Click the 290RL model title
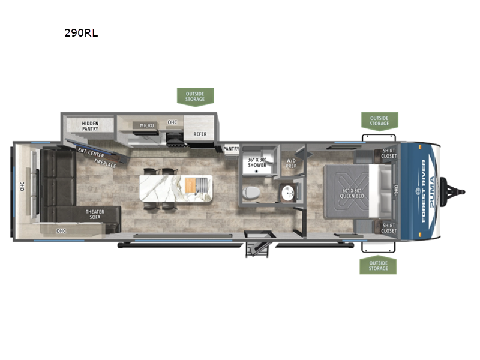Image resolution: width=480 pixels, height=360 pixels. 81,33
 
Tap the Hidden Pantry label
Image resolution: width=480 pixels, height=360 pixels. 90,126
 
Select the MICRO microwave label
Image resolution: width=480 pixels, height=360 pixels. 147,125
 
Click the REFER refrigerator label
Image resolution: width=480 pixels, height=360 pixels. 200,134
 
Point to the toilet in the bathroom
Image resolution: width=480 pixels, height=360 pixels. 251,193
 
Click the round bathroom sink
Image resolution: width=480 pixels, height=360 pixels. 288,193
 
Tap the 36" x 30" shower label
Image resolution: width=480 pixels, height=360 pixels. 257,162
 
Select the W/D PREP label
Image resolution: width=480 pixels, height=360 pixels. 291,163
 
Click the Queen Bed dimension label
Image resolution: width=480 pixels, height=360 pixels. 352,193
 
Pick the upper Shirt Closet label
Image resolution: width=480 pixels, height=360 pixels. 389,154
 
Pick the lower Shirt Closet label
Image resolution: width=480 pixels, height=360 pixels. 389,228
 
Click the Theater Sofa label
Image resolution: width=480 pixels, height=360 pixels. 95,214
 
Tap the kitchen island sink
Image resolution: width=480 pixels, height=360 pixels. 202,185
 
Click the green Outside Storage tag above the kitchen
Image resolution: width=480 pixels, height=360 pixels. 196,97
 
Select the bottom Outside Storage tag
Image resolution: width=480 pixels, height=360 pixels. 378,265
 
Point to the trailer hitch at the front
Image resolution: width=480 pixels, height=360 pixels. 452,192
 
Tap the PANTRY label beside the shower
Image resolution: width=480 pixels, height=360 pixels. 231,149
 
